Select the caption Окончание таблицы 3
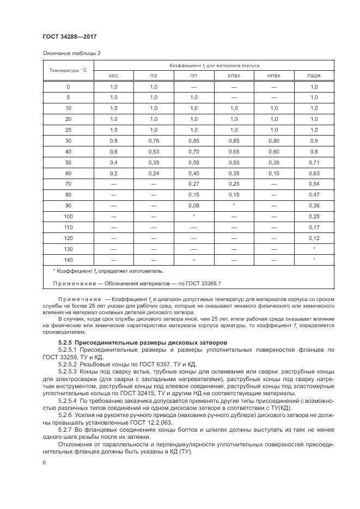71,53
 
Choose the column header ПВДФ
314,76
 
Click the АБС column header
114,76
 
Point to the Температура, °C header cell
68,70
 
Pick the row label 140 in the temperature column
68,260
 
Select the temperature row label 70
68,183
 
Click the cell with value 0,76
154,140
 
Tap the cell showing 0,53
154,151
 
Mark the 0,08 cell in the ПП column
194,205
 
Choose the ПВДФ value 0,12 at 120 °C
314,238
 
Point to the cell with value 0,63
314,173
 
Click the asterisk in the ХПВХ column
234,205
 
